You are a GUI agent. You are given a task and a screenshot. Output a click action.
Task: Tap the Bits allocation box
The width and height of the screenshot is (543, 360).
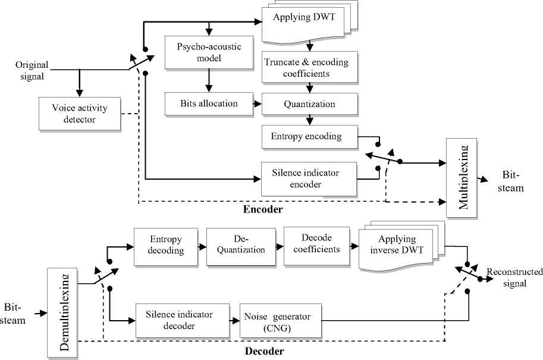pyautogui.click(x=201, y=105)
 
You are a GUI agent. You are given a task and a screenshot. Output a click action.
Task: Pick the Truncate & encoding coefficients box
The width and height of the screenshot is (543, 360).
pyautogui.click(x=310, y=68)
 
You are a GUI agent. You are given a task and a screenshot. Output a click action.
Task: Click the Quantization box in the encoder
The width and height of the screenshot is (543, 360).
pyautogui.click(x=310, y=105)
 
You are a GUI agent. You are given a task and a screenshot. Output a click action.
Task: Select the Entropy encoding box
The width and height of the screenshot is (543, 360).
pyautogui.click(x=310, y=137)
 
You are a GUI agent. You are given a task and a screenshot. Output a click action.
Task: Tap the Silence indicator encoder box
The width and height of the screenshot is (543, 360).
pyautogui.click(x=310, y=178)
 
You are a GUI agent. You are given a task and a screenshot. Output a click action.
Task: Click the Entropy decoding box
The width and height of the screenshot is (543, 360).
pyautogui.click(x=167, y=245)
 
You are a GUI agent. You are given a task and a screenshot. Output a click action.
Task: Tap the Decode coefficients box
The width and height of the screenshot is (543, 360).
pyautogui.click(x=316, y=245)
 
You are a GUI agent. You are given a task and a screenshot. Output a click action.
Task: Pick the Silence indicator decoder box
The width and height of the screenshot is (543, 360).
pyautogui.click(x=178, y=320)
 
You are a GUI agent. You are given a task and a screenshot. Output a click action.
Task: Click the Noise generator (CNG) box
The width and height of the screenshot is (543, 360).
pyautogui.click(x=277, y=320)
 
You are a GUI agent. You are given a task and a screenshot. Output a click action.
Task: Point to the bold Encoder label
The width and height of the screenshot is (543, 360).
pyautogui.click(x=263, y=210)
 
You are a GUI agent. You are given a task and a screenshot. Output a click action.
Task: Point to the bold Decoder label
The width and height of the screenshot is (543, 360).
pyautogui.click(x=264, y=352)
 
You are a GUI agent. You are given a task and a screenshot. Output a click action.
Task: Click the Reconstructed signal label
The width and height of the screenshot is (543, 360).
pyautogui.click(x=514, y=278)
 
